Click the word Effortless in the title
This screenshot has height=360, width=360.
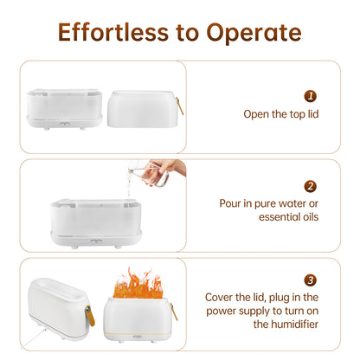pos(113,32)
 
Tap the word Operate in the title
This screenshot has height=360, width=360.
pos(254,33)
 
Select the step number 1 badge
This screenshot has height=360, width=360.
pos(311,96)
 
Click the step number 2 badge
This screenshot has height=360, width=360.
pos(311,186)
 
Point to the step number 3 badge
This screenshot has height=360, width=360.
pos(311,280)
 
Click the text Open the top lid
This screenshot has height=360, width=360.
pos(281,114)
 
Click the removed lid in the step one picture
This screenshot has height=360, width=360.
pos(143,109)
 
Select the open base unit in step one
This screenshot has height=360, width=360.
pos(65,109)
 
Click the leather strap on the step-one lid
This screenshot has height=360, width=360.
pos(179,106)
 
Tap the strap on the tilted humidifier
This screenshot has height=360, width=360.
pos(89,315)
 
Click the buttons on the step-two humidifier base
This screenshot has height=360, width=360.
pos(96,241)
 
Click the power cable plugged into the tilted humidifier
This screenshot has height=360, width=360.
pos(34,337)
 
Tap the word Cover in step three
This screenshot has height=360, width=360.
pos(220,297)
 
